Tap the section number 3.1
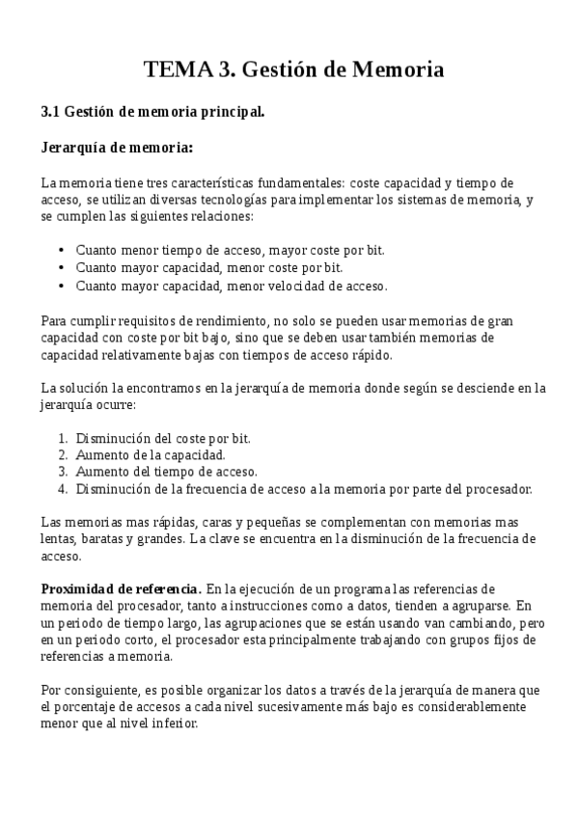(x=51, y=112)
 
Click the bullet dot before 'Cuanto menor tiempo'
(x=62, y=250)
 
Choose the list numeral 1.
(x=63, y=438)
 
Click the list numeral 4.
(x=63, y=489)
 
